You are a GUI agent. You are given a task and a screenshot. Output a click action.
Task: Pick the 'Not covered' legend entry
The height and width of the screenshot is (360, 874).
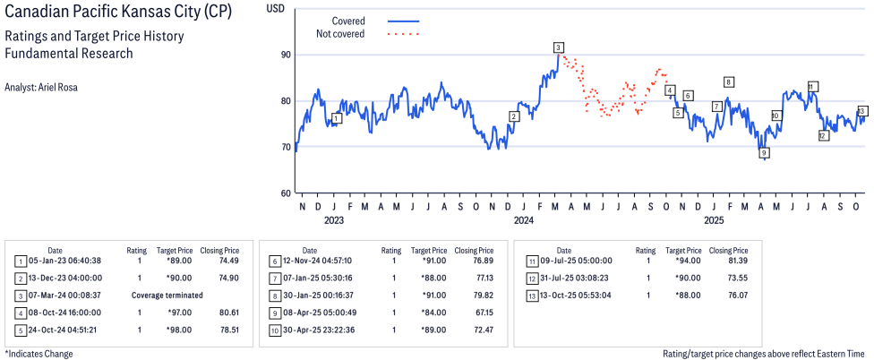click(x=340, y=34)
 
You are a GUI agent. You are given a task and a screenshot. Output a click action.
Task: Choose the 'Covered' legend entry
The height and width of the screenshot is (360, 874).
click(x=347, y=20)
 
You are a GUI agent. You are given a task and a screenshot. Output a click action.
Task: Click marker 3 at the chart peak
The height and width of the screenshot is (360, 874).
click(x=558, y=47)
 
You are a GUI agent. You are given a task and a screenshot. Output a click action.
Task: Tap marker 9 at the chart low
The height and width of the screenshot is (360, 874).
click(x=764, y=154)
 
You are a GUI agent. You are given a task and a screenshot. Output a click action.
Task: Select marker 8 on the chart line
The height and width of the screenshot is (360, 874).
click(x=729, y=82)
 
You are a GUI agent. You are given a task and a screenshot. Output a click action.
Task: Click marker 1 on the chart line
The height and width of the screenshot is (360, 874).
click(x=336, y=118)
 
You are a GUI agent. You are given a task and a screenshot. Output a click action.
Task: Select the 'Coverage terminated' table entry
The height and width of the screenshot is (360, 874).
click(x=169, y=295)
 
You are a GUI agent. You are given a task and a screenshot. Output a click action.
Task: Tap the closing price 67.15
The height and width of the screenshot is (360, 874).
click(x=474, y=312)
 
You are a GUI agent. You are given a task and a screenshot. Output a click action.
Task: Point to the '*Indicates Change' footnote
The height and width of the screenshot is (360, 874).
click(x=39, y=353)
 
